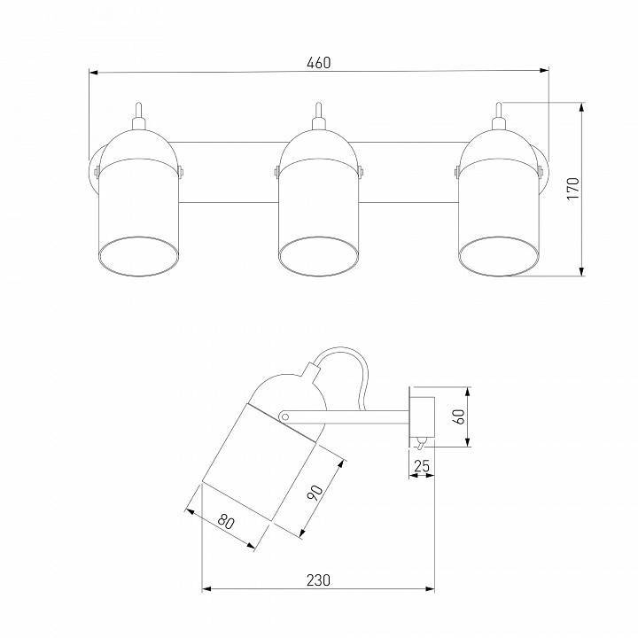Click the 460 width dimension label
tap(319, 63)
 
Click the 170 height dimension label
tap(573, 188)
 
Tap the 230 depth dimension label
tap(318, 580)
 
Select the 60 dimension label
tap(459, 416)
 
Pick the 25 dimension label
tap(422, 466)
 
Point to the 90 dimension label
tap(315, 493)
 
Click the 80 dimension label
tap(226, 521)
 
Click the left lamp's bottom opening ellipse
tap(138, 256)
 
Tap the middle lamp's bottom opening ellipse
tap(319, 256)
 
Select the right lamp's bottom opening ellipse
tap(499, 256)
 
